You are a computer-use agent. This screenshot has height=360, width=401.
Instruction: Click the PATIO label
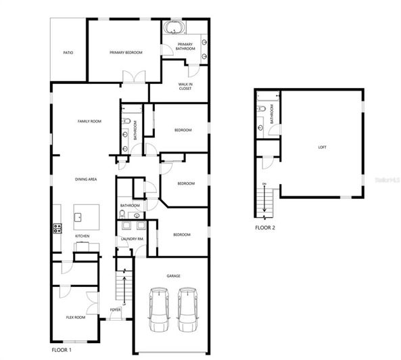[x=68, y=52]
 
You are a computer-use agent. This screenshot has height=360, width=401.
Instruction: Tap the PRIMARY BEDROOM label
[x=126, y=52]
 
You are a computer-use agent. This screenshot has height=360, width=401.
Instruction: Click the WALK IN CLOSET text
[x=185, y=86]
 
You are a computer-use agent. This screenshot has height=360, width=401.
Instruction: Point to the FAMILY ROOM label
[x=89, y=121]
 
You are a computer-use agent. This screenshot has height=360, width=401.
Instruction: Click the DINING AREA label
[x=87, y=179]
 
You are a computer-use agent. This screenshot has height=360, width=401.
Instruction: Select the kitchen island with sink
[x=86, y=217]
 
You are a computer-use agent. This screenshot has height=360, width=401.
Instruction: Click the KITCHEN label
[x=82, y=236]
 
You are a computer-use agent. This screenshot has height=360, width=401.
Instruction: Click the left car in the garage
[x=159, y=310]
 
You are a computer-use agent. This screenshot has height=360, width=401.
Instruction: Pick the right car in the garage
[x=188, y=310]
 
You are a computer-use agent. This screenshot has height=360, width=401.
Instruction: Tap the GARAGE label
[x=174, y=276]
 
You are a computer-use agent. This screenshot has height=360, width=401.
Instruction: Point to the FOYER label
[x=116, y=310]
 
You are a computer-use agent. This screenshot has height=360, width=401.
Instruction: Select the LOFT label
[x=322, y=147]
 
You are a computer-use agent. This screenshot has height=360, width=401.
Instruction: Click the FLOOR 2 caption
[x=265, y=227]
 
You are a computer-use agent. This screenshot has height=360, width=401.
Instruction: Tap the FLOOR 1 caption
[x=62, y=351]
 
